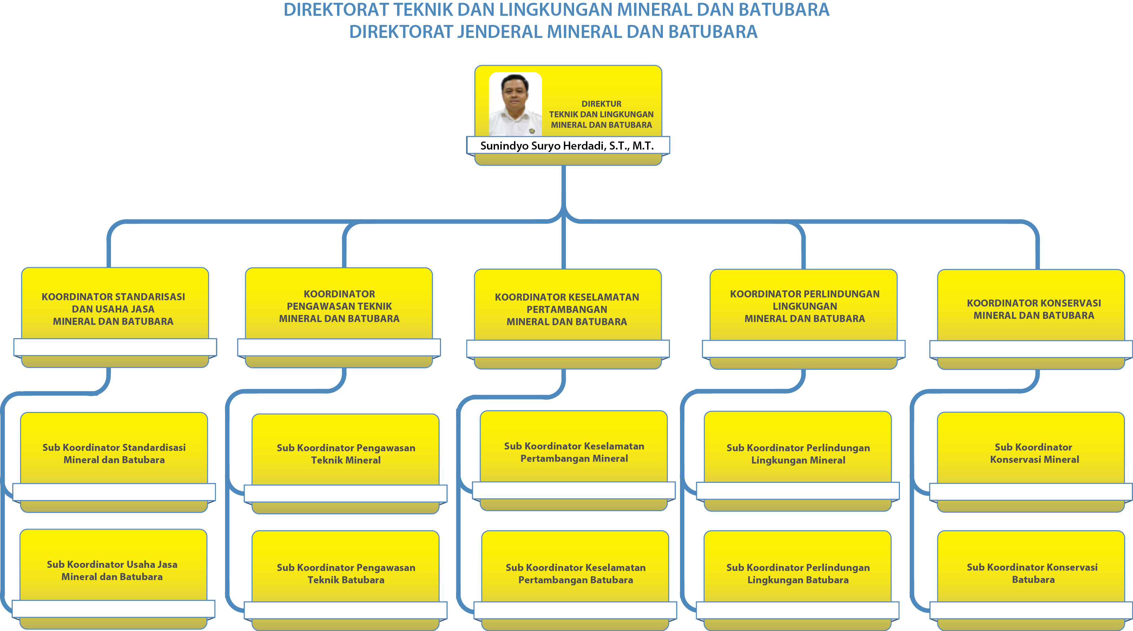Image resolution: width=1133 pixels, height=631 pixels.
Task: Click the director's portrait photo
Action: point(515,104)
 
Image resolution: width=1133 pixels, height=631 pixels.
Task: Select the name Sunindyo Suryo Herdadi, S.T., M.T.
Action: point(567,146)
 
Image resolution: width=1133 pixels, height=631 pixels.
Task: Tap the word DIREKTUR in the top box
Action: point(601,104)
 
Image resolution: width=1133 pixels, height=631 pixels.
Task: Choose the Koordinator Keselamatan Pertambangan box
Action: point(568,318)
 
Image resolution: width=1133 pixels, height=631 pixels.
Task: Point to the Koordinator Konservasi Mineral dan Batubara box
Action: point(1031,319)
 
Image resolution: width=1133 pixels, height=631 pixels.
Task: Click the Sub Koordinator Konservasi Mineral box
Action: point(1031,462)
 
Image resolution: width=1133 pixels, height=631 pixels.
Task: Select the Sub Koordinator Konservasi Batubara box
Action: point(1031,580)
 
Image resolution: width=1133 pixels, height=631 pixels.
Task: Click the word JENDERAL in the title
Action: point(500,32)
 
